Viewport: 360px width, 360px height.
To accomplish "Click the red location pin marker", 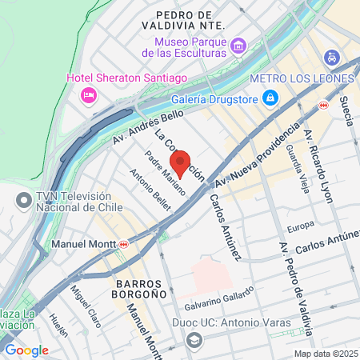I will (181, 163).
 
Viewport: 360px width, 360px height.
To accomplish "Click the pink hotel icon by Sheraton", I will (88, 95).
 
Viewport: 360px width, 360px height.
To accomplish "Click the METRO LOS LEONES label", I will (302, 78).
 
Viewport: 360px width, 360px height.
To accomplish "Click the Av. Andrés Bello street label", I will (142, 128).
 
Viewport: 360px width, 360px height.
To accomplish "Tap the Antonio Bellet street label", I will (150, 193).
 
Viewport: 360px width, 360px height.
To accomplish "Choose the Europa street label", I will (301, 226).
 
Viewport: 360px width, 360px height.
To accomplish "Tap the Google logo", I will (26, 350).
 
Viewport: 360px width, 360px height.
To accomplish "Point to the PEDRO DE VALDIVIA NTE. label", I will (184, 21).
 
